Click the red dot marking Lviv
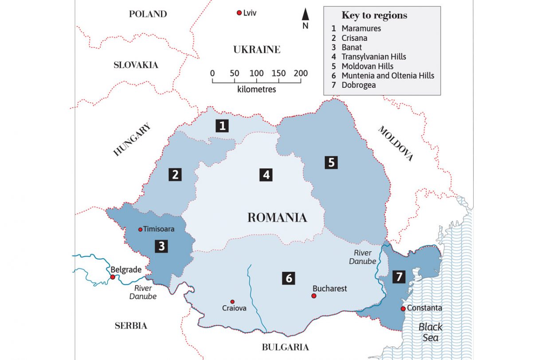coord(239,13)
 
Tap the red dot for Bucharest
coord(314,296)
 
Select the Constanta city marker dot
coord(403,309)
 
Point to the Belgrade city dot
coord(113,277)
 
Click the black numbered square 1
coord(222,126)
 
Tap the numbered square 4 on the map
coord(266,175)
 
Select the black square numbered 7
coord(399,277)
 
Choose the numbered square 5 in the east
coord(331,163)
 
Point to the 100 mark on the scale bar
coord(256,73)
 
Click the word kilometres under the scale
coord(256,90)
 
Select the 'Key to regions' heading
coord(374,16)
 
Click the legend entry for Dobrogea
coord(358,85)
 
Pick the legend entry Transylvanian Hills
coord(373,57)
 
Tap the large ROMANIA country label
coord(277,218)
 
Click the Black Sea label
coord(431,333)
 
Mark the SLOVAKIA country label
coord(136,65)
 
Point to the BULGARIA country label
coord(285,347)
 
